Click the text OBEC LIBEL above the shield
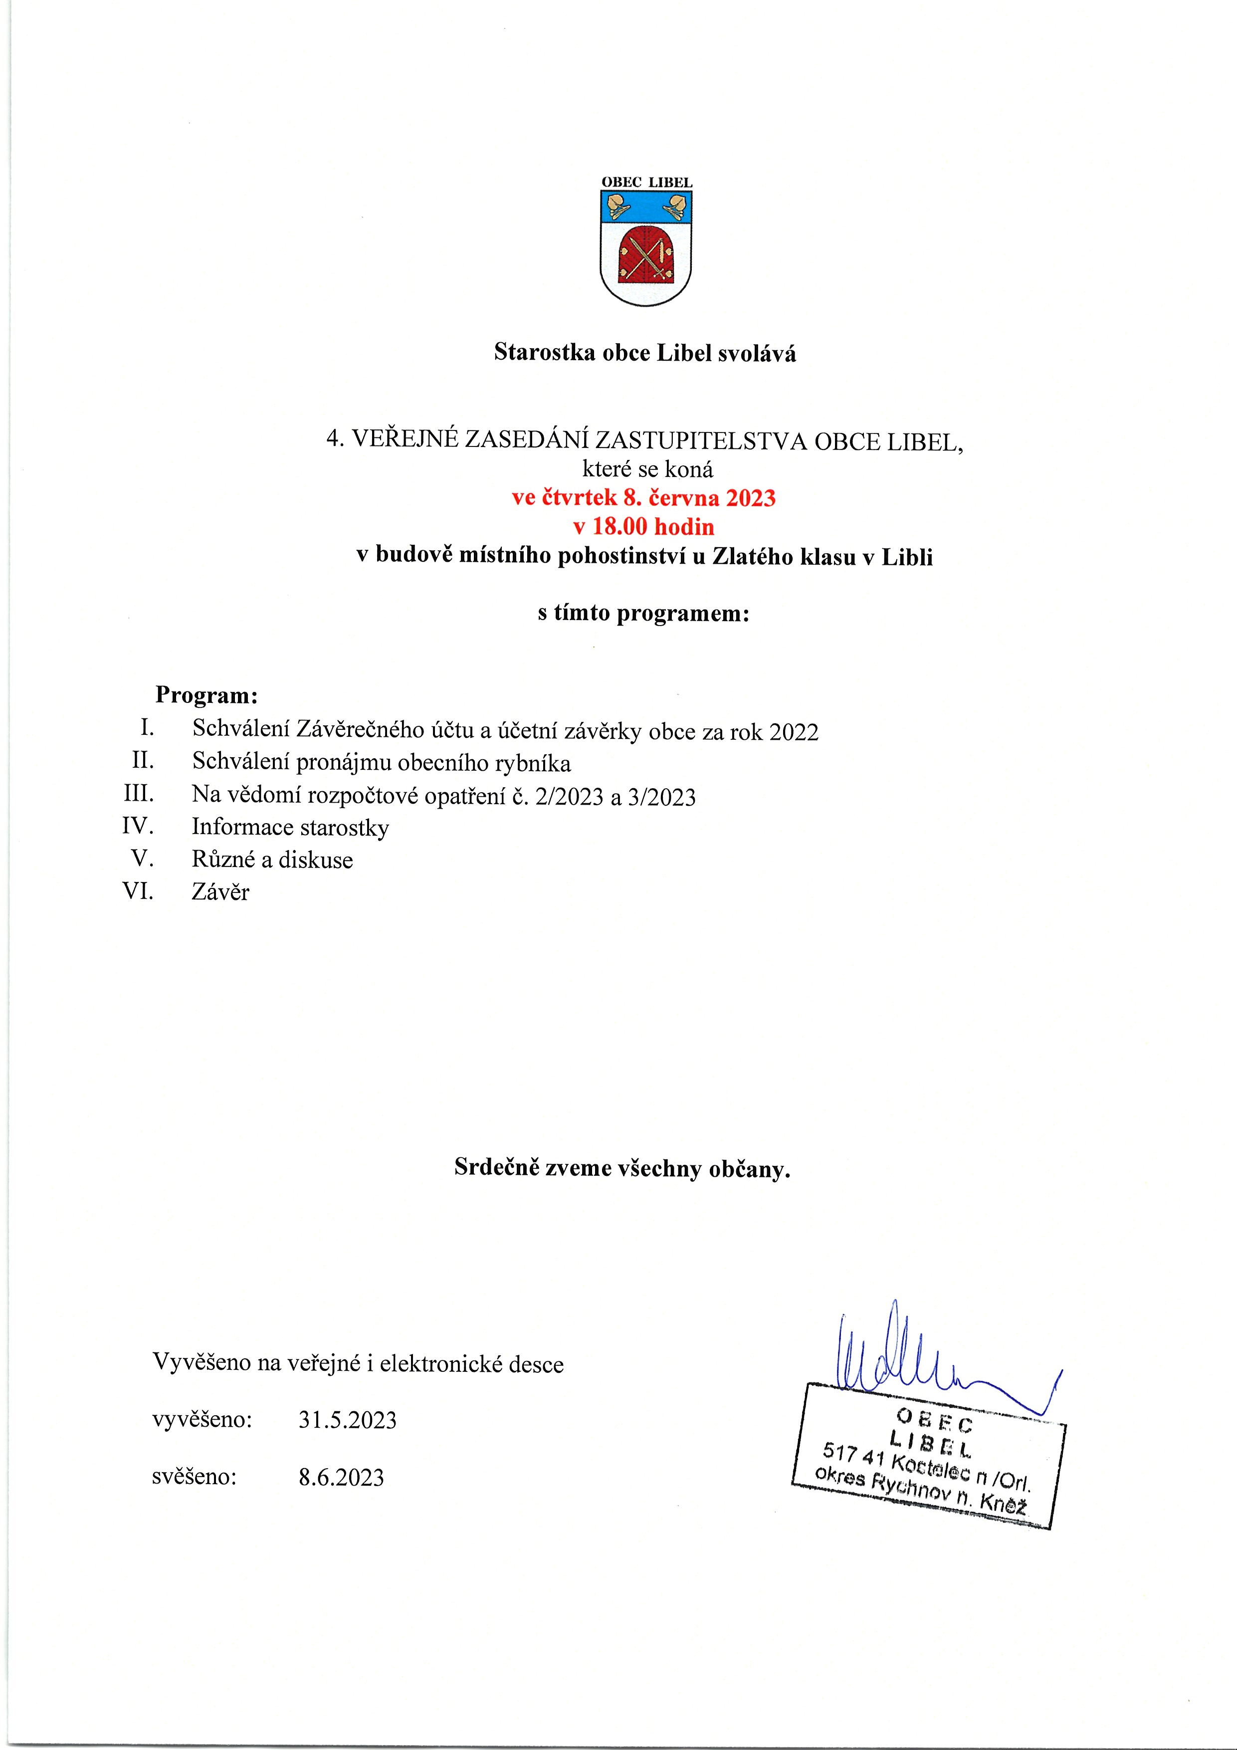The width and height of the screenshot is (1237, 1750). [x=646, y=183]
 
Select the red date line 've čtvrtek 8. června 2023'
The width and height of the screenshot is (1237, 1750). [x=643, y=498]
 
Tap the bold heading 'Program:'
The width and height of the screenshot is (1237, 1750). [x=206, y=695]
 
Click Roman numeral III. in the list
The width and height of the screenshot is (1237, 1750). [x=139, y=794]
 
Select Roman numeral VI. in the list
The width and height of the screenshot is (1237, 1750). [x=138, y=890]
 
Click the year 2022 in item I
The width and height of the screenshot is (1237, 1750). [x=794, y=732]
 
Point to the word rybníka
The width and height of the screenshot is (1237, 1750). [x=533, y=763]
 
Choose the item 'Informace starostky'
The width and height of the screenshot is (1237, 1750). [x=290, y=828]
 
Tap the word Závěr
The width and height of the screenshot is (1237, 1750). [x=220, y=892]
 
